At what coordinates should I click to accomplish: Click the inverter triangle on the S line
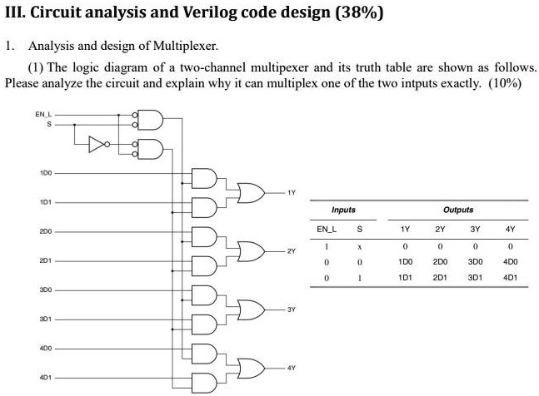pyautogui.click(x=97, y=144)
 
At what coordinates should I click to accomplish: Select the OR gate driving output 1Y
pyautogui.click(x=252, y=193)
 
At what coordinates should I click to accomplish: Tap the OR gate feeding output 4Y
pyautogui.click(x=252, y=369)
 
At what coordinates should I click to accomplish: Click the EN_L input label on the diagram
pyautogui.click(x=43, y=114)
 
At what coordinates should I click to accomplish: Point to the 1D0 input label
pyautogui.click(x=46, y=173)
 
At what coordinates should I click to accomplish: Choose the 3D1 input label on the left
pyautogui.click(x=46, y=319)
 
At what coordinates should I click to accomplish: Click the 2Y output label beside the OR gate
pyautogui.click(x=291, y=251)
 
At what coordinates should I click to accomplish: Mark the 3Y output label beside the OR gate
pyautogui.click(x=291, y=309)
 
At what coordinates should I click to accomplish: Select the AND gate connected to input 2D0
pyautogui.click(x=204, y=237)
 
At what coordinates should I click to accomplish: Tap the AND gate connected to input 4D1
pyautogui.click(x=204, y=383)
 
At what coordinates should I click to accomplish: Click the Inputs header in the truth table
pyautogui.click(x=343, y=210)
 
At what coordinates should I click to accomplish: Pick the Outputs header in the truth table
pyautogui.click(x=458, y=210)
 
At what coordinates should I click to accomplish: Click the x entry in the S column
pyautogui.click(x=360, y=247)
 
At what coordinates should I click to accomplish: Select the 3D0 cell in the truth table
pyautogui.click(x=475, y=262)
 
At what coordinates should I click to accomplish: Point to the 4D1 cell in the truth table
pyautogui.click(x=510, y=277)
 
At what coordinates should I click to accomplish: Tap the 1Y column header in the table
pyautogui.click(x=405, y=229)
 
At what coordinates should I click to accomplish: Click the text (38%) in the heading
pyautogui.click(x=359, y=12)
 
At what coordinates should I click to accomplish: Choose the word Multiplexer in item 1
pyautogui.click(x=185, y=46)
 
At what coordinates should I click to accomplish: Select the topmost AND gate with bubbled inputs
pyautogui.click(x=148, y=120)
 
